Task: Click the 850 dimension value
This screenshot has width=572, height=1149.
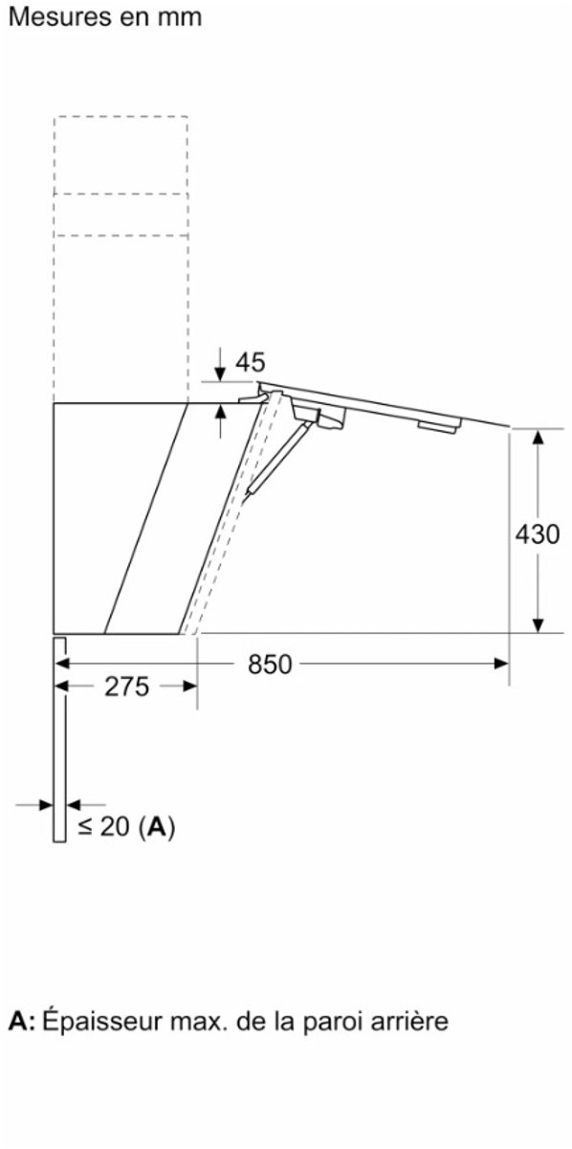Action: click(x=270, y=665)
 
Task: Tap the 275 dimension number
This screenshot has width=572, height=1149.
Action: click(x=126, y=687)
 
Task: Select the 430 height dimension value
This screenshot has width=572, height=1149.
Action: click(x=538, y=534)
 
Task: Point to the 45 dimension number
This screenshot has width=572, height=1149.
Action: click(x=250, y=362)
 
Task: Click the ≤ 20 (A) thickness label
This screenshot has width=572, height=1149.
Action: click(x=126, y=826)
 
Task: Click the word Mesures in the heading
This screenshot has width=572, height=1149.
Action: click(x=59, y=17)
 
